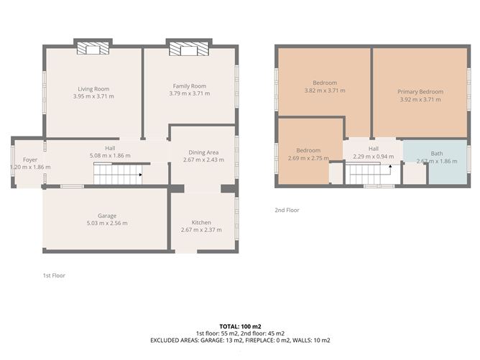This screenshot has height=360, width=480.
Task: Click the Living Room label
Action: click(x=93, y=89)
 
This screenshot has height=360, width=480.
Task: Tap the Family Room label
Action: click(x=190, y=86)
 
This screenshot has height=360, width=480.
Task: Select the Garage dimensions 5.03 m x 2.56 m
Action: click(x=107, y=223)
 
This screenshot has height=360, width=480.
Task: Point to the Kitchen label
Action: click(x=201, y=222)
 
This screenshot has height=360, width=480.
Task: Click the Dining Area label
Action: click(x=203, y=152)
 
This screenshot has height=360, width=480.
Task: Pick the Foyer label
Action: click(x=30, y=160)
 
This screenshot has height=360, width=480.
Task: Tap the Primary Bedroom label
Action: click(x=420, y=91)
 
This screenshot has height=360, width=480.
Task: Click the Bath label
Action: click(x=437, y=154)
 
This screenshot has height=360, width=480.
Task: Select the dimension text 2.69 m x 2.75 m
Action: click(x=308, y=158)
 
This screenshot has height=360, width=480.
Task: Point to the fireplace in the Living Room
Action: click(x=93, y=48)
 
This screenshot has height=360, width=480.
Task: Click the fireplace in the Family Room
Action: click(x=189, y=49)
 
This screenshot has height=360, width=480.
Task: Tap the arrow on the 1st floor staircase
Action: click(x=140, y=175)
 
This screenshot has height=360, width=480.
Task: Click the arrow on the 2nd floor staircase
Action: click(x=390, y=167)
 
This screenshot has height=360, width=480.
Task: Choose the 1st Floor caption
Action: click(x=54, y=275)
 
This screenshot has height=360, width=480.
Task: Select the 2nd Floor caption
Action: click(x=287, y=210)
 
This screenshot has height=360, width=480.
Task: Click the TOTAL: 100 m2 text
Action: click(x=240, y=327)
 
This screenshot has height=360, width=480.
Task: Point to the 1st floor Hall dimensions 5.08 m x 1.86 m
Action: click(x=110, y=155)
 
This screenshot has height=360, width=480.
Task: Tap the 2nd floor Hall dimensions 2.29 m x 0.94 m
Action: click(x=374, y=157)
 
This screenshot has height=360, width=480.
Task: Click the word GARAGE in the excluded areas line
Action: click(x=212, y=340)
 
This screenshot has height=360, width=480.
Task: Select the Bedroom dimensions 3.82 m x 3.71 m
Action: click(x=325, y=91)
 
